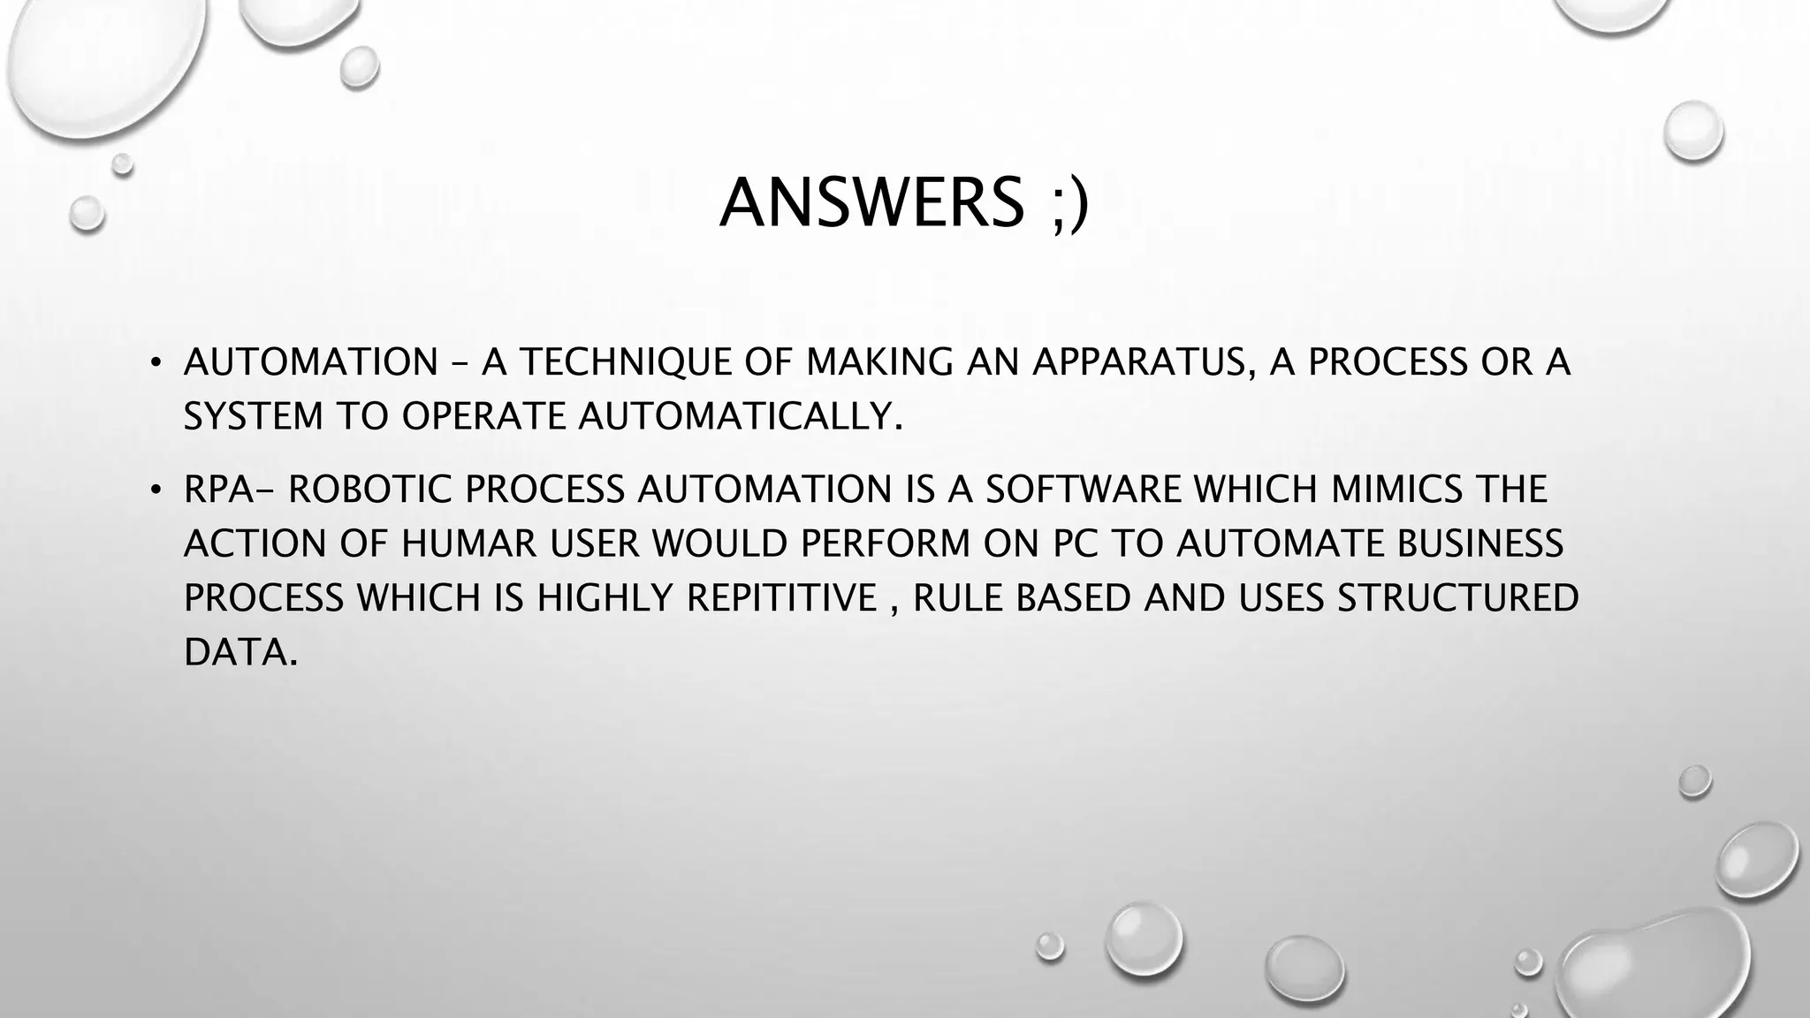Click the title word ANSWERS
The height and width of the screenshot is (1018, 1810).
click(871, 203)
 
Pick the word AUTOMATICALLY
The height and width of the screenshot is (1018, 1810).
click(741, 417)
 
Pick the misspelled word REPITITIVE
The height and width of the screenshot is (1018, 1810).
click(781, 598)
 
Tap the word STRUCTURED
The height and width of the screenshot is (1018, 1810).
click(1457, 598)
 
